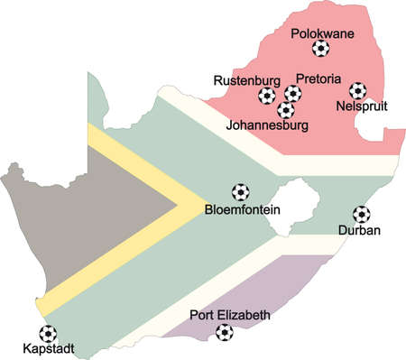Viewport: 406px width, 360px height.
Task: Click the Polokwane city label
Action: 323,35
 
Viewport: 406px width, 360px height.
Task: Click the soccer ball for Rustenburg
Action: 267,95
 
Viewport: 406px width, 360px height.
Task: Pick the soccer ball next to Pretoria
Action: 293,93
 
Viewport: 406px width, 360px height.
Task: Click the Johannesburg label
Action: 271,126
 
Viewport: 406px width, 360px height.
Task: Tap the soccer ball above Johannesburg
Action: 286,110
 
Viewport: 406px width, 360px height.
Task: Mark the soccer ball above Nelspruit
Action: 358,90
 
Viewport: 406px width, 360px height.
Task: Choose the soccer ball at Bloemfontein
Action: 241,192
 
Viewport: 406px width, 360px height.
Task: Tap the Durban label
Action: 359,230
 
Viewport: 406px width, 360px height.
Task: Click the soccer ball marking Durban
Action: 362,214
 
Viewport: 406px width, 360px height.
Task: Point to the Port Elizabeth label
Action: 229,315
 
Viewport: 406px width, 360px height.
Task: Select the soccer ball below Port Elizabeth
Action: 224,332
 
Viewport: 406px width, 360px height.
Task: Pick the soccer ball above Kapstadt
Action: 47,332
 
